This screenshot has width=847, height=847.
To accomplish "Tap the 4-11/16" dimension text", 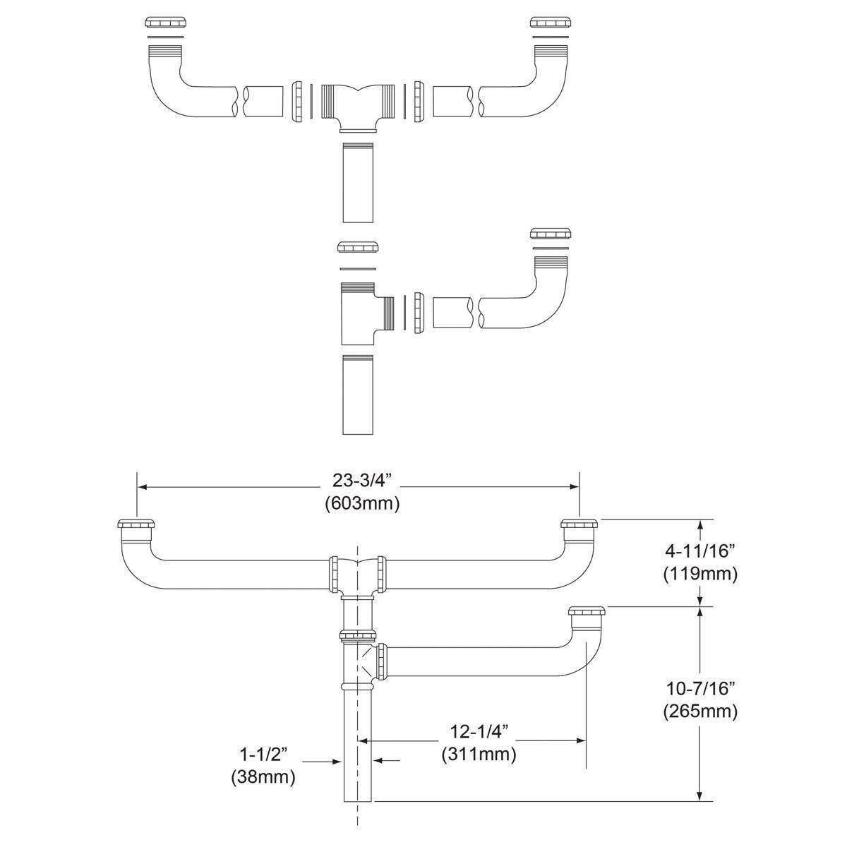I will point(699,551).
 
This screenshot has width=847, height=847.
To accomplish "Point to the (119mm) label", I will point(699,574).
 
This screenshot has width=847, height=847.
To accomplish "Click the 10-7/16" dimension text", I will point(699,687).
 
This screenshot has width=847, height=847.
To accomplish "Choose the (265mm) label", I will point(699,711).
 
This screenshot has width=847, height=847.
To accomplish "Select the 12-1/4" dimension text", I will point(478,730).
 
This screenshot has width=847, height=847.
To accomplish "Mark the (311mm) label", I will point(478,754).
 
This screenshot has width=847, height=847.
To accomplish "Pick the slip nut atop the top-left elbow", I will point(165,23).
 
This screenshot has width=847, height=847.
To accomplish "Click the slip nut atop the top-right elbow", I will point(551,23).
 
